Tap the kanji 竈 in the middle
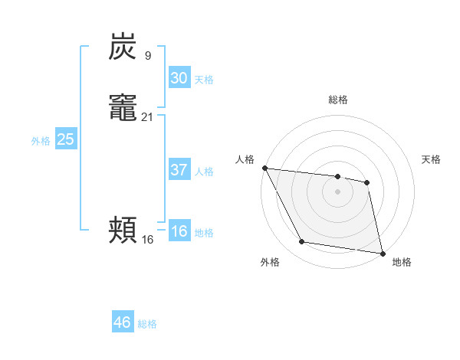pos(123,107)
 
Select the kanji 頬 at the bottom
pos(123,230)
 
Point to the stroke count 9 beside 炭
pos(147,55)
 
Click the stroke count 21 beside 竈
pos(148,116)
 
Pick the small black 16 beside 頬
pos(148,239)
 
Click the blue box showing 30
pos(179,78)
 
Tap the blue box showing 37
pos(179,170)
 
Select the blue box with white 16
pos(179,231)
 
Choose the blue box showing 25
pos(66,139)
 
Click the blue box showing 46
pos(123,322)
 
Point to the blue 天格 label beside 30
pos(204,80)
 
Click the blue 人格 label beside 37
pos(204,172)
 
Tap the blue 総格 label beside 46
pos(147,324)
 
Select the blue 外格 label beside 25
pos(41,141)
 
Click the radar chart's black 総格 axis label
pos(338,100)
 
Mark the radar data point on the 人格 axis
pos(264,168)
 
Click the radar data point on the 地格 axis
pos(382,252)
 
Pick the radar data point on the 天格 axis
pos(367,182)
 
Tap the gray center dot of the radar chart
pos(338,191)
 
